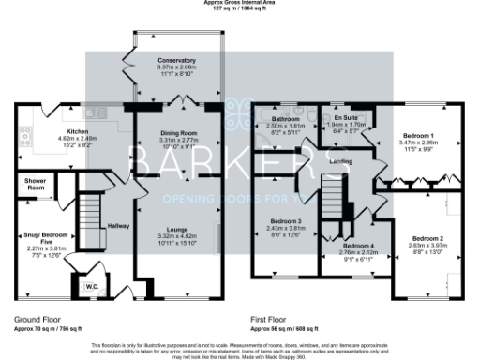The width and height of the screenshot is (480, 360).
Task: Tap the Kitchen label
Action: [77, 132]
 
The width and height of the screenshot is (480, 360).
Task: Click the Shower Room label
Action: [37, 184]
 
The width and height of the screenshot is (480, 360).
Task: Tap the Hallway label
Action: [118, 226]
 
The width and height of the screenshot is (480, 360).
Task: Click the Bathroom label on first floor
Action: [285, 120]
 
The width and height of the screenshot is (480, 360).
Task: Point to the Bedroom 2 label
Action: [427, 238]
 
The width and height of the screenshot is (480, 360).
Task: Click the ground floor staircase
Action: [89, 206]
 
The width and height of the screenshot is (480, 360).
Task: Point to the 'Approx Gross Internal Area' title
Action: [240, 3]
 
